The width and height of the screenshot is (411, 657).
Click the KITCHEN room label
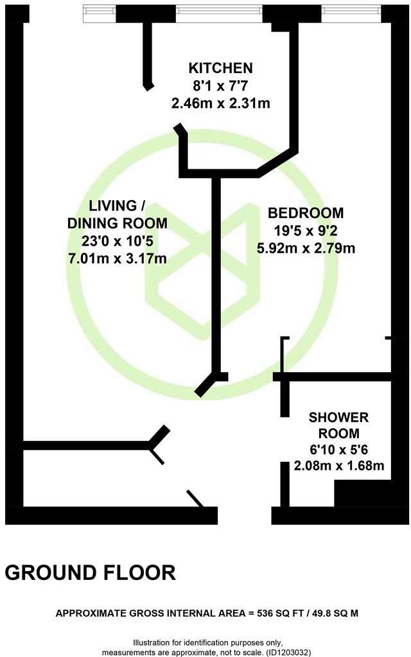pos(220,68)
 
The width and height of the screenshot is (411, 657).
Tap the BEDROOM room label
pos(306,213)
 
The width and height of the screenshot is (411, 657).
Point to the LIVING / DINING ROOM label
pos(118,214)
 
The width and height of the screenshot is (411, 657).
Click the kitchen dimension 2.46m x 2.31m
pos(220,103)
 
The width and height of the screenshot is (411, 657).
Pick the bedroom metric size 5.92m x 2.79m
pos(306,248)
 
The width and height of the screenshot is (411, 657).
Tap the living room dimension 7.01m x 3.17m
pos(118,259)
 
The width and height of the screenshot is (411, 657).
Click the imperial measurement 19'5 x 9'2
pos(306,230)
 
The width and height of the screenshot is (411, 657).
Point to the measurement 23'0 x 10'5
pos(118,241)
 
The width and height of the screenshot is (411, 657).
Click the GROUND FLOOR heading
pos(91,572)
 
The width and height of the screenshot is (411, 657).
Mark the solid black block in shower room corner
pos(363,495)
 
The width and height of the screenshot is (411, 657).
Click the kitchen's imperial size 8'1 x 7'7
pos(220,85)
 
